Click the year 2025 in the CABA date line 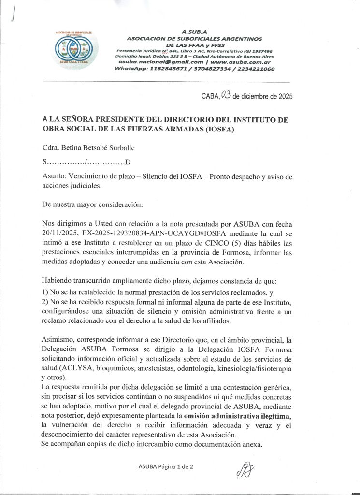point(283,96)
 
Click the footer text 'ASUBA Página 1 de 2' point(166,466)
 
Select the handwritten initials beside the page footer point(245,469)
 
